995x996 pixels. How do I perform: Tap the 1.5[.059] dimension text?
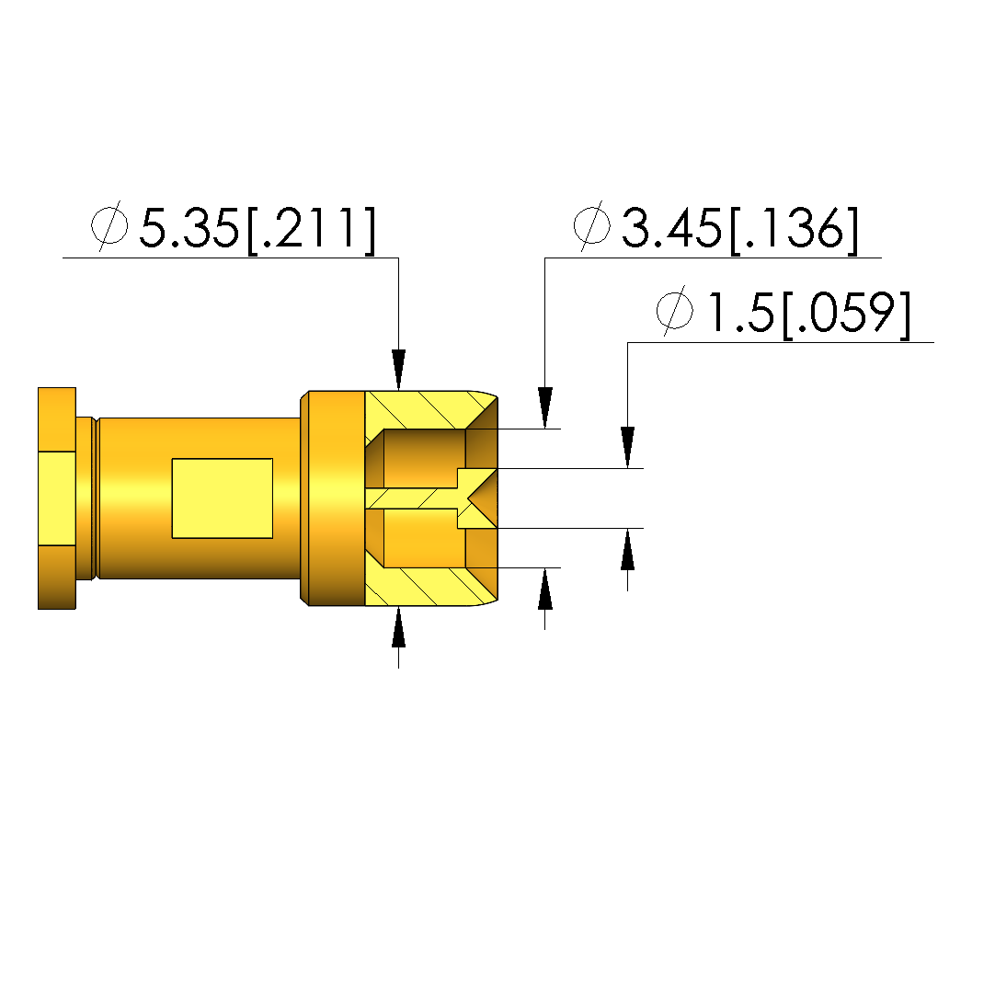tap(809, 314)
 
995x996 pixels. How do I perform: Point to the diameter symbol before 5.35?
tap(109, 225)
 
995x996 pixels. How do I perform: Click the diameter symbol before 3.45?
tap(592, 225)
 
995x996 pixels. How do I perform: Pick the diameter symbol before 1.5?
tap(674, 311)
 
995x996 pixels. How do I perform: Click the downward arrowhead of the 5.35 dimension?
tap(398, 370)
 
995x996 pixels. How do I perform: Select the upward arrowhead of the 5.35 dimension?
tap(398, 627)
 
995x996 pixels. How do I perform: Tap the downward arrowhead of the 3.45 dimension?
tap(544, 407)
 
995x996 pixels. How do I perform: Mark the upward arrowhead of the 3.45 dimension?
tap(544, 589)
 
